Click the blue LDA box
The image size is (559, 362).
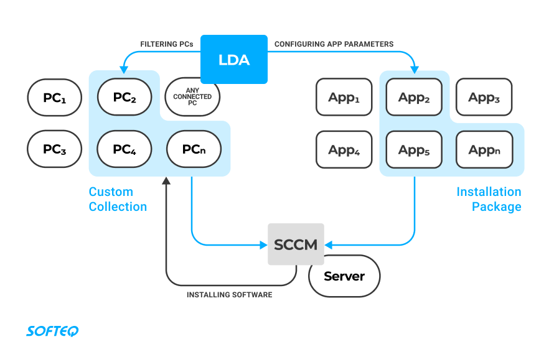(x=234, y=60)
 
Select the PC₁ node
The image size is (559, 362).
(x=55, y=97)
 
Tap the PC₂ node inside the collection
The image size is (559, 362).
(x=125, y=97)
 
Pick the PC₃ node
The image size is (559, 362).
(x=55, y=149)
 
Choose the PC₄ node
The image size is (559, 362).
(x=125, y=149)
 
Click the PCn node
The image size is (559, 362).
(x=194, y=149)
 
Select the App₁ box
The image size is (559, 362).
(x=344, y=97)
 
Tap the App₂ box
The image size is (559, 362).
(x=414, y=97)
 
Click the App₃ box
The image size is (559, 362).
(x=484, y=97)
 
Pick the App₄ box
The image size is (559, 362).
(x=344, y=149)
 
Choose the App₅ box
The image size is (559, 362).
(x=414, y=149)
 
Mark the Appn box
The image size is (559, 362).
(x=484, y=149)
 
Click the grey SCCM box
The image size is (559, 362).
(x=296, y=244)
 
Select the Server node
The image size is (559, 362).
(x=344, y=276)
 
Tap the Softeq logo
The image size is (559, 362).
(x=52, y=331)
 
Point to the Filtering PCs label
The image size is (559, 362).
(x=167, y=45)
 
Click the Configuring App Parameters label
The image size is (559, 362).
(x=334, y=45)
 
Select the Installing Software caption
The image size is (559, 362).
(x=229, y=295)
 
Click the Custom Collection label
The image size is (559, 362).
(x=118, y=199)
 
